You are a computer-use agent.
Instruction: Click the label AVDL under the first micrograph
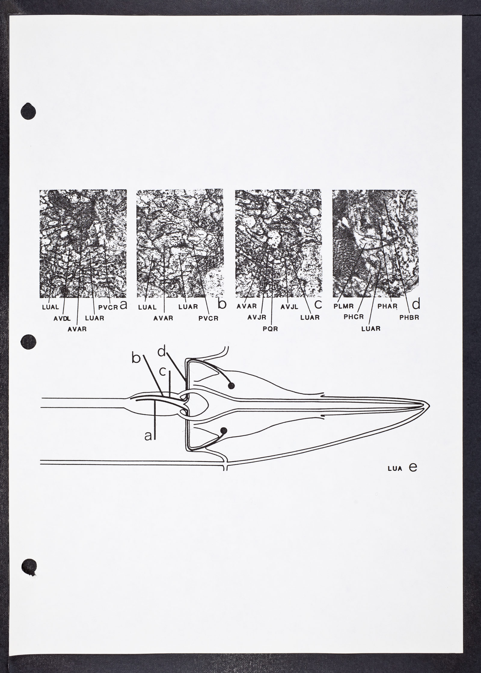point(62,318)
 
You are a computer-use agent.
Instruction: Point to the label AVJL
point(290,307)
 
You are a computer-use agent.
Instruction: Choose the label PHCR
point(354,317)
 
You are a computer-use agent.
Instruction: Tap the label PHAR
point(388,307)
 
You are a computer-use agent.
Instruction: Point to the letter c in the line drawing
point(162,372)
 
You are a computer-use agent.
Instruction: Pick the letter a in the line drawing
point(148,445)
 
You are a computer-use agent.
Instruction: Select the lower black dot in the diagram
point(224,431)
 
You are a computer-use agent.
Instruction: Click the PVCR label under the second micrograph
point(208,318)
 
